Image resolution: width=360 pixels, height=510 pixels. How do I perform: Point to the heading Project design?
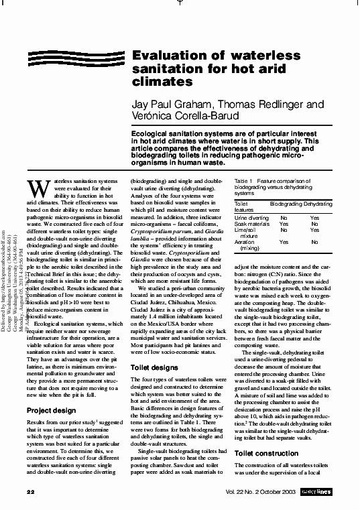coord(52,410)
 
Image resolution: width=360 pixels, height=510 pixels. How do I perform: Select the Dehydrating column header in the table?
coord(318,202)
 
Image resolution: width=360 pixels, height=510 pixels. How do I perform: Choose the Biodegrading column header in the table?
coord(285,202)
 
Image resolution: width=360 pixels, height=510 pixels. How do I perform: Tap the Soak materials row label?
coord(251,224)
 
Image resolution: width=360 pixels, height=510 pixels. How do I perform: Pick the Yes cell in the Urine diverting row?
coord(315,218)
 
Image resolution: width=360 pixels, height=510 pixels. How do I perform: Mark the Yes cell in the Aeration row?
coord(284,242)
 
